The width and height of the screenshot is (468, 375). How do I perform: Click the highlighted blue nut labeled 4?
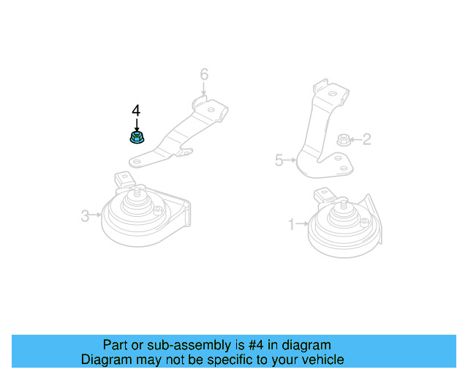(x=136, y=137)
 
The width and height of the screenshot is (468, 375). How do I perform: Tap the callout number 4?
(x=136, y=111)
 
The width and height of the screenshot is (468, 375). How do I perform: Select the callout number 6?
(x=204, y=74)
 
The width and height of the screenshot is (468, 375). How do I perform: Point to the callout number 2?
(x=366, y=138)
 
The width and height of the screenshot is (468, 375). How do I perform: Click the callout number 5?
(x=279, y=160)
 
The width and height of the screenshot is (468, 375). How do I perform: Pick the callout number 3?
(x=85, y=215)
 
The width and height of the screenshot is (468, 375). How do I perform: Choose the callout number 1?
(x=291, y=224)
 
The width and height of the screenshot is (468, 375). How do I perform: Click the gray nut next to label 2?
(x=342, y=138)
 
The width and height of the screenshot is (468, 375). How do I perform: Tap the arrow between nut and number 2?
(x=355, y=138)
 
